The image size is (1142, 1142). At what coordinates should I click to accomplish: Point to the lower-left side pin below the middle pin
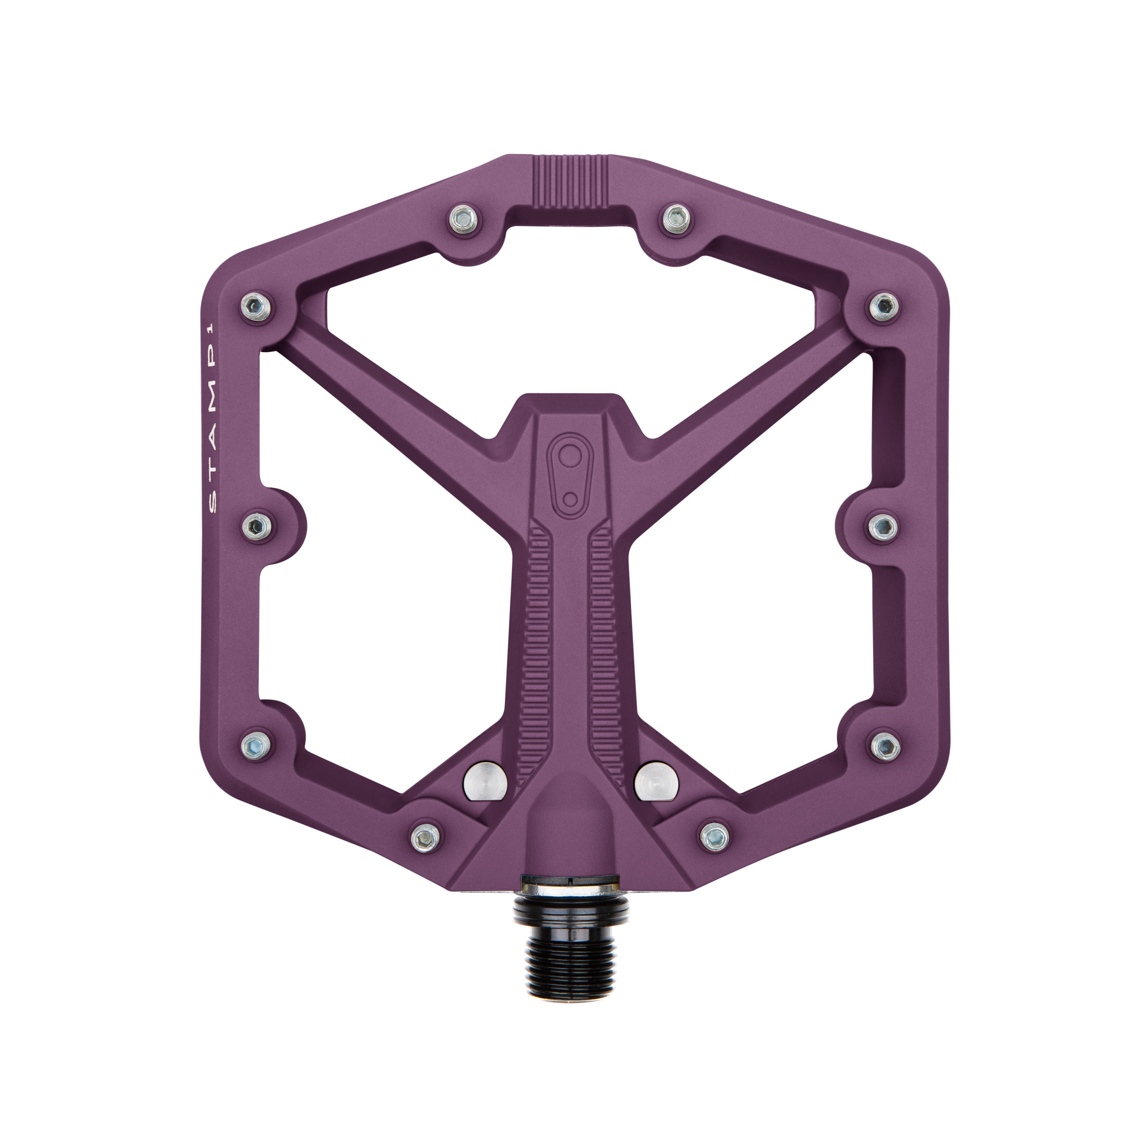pyautogui.click(x=256, y=743)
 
